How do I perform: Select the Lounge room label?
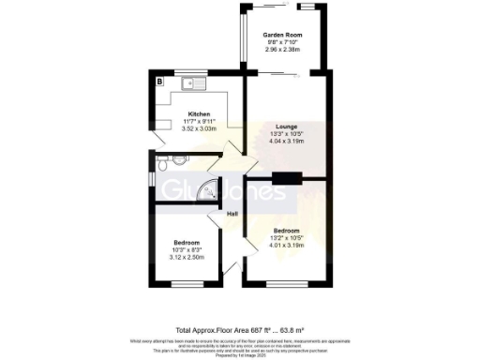[287, 126]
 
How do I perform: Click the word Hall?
[232, 215]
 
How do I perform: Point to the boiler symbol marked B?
[160, 82]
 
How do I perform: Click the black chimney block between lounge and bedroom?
[286, 177]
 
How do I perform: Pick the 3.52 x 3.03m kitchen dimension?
[198, 128]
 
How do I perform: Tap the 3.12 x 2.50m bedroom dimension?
[187, 257]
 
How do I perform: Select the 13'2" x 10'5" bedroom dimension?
[286, 238]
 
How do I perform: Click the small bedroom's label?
[187, 242]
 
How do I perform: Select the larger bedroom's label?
[286, 231]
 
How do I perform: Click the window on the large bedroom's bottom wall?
[286, 283]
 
